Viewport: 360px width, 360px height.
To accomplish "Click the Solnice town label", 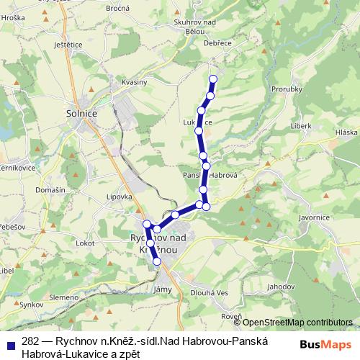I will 81,113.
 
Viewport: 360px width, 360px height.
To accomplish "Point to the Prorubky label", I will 286,89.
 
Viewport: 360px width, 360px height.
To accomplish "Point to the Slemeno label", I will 64,297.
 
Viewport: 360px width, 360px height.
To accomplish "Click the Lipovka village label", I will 119,197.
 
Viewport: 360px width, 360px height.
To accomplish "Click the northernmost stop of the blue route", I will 212,79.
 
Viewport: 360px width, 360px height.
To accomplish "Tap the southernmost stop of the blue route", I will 157,262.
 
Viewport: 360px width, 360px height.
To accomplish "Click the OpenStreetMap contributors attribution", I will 297,322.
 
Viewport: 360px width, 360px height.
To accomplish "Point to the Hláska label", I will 346,132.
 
